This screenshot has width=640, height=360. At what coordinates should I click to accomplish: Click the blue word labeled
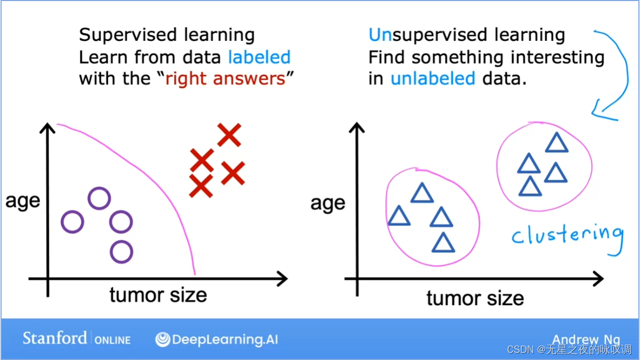tap(259, 57)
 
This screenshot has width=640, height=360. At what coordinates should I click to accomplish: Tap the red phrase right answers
tap(226, 79)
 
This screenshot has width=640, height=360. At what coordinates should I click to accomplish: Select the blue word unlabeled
tap(433, 78)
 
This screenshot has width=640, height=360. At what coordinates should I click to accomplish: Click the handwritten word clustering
tap(568, 237)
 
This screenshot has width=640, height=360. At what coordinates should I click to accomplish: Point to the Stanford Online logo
tap(77, 339)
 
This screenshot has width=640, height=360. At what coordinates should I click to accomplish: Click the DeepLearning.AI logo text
tap(217, 339)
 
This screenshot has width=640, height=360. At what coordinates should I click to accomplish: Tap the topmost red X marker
tap(229, 135)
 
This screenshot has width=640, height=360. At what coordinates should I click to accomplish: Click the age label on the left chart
tap(23, 201)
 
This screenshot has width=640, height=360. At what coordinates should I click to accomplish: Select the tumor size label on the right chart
tap(475, 298)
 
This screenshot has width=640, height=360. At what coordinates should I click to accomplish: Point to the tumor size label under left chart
tap(158, 295)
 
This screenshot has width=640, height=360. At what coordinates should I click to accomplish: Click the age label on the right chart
tap(328, 203)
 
